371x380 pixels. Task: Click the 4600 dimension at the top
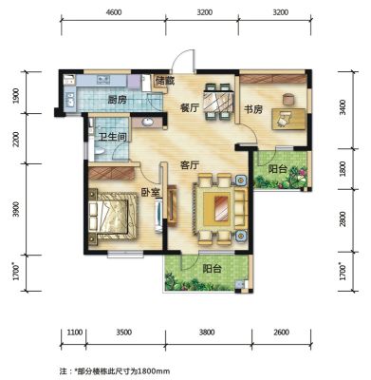(x=114, y=12)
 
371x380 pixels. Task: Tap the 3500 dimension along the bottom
(x=123, y=332)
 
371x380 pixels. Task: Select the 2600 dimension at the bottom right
(x=281, y=332)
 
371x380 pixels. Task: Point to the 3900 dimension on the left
(x=16, y=209)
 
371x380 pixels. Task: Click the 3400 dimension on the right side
(x=343, y=107)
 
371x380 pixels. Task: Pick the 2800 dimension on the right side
(x=343, y=219)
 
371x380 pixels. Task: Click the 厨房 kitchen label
(x=118, y=101)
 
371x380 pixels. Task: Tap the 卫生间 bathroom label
(x=113, y=137)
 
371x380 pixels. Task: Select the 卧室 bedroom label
(x=150, y=192)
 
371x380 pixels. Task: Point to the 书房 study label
(x=253, y=109)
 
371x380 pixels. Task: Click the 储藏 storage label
(x=165, y=81)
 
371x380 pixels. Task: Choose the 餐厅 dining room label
(x=190, y=108)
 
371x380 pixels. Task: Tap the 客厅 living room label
(x=190, y=165)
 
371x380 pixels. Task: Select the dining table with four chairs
(x=219, y=102)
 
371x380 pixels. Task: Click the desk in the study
(x=288, y=119)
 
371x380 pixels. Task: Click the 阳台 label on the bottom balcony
(x=212, y=269)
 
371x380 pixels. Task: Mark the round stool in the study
(x=288, y=99)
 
